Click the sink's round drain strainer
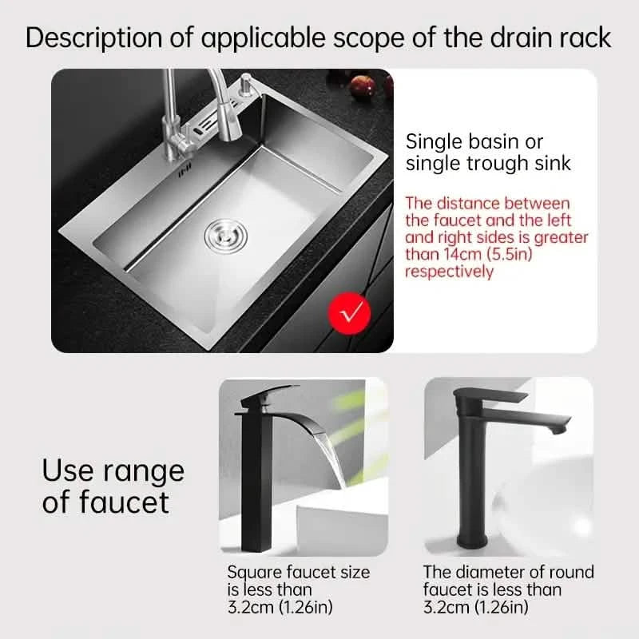click(x=224, y=232)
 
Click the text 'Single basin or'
click(x=474, y=142)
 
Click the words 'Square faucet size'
click(x=299, y=572)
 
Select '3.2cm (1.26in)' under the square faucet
click(x=280, y=608)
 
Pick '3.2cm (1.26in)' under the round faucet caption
click(x=475, y=608)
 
